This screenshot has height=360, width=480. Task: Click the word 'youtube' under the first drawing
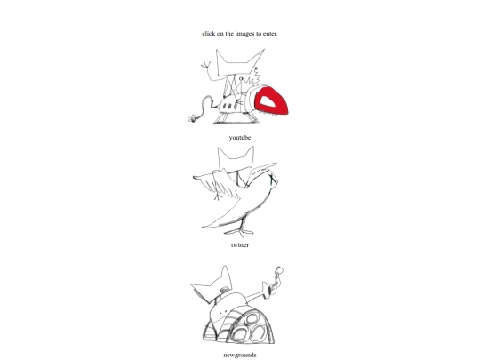[240, 138]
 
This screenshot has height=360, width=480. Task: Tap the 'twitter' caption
[240, 245]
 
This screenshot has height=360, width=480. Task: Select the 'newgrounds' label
[240, 355]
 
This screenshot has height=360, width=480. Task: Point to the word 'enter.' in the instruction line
[270, 34]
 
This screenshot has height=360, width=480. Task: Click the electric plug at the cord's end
[192, 118]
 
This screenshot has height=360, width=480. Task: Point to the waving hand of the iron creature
[205, 65]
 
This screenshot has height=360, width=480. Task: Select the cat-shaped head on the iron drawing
[239, 64]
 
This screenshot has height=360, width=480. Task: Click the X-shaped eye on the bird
[273, 180]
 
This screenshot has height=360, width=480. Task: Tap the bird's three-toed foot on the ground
[240, 232]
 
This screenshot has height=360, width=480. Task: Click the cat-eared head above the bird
[236, 157]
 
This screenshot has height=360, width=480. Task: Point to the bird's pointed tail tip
[204, 227]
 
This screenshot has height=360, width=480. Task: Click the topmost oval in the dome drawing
[252, 319]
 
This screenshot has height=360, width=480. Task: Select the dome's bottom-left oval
[239, 334]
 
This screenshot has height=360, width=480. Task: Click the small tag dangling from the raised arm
[279, 269]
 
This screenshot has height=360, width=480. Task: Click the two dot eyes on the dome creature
[224, 312]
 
